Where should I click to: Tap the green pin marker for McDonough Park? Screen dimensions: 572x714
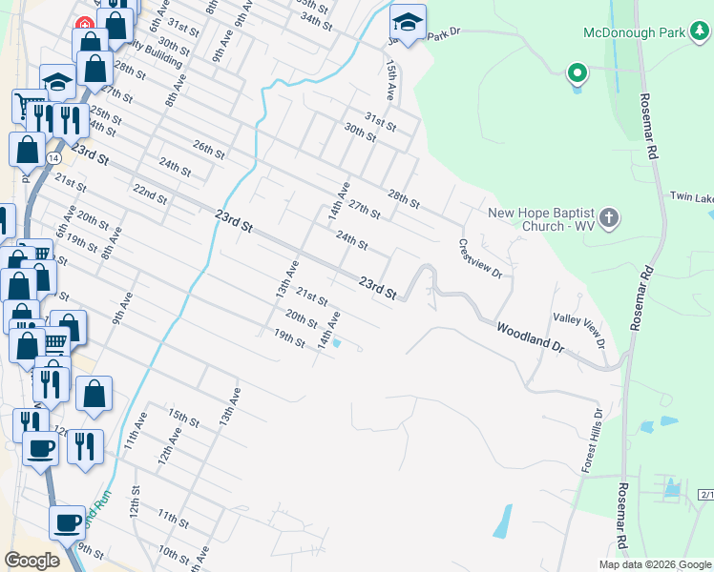(577, 72)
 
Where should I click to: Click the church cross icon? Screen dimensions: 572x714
(610, 219)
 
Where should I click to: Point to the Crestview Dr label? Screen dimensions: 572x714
(479, 258)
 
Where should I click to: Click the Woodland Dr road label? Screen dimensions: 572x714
(530, 338)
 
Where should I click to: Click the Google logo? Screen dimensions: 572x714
(31, 560)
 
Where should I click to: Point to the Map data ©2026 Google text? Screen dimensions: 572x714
(655, 564)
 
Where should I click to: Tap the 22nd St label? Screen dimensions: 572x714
(150, 194)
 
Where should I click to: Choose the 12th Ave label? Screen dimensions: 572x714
(171, 445)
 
